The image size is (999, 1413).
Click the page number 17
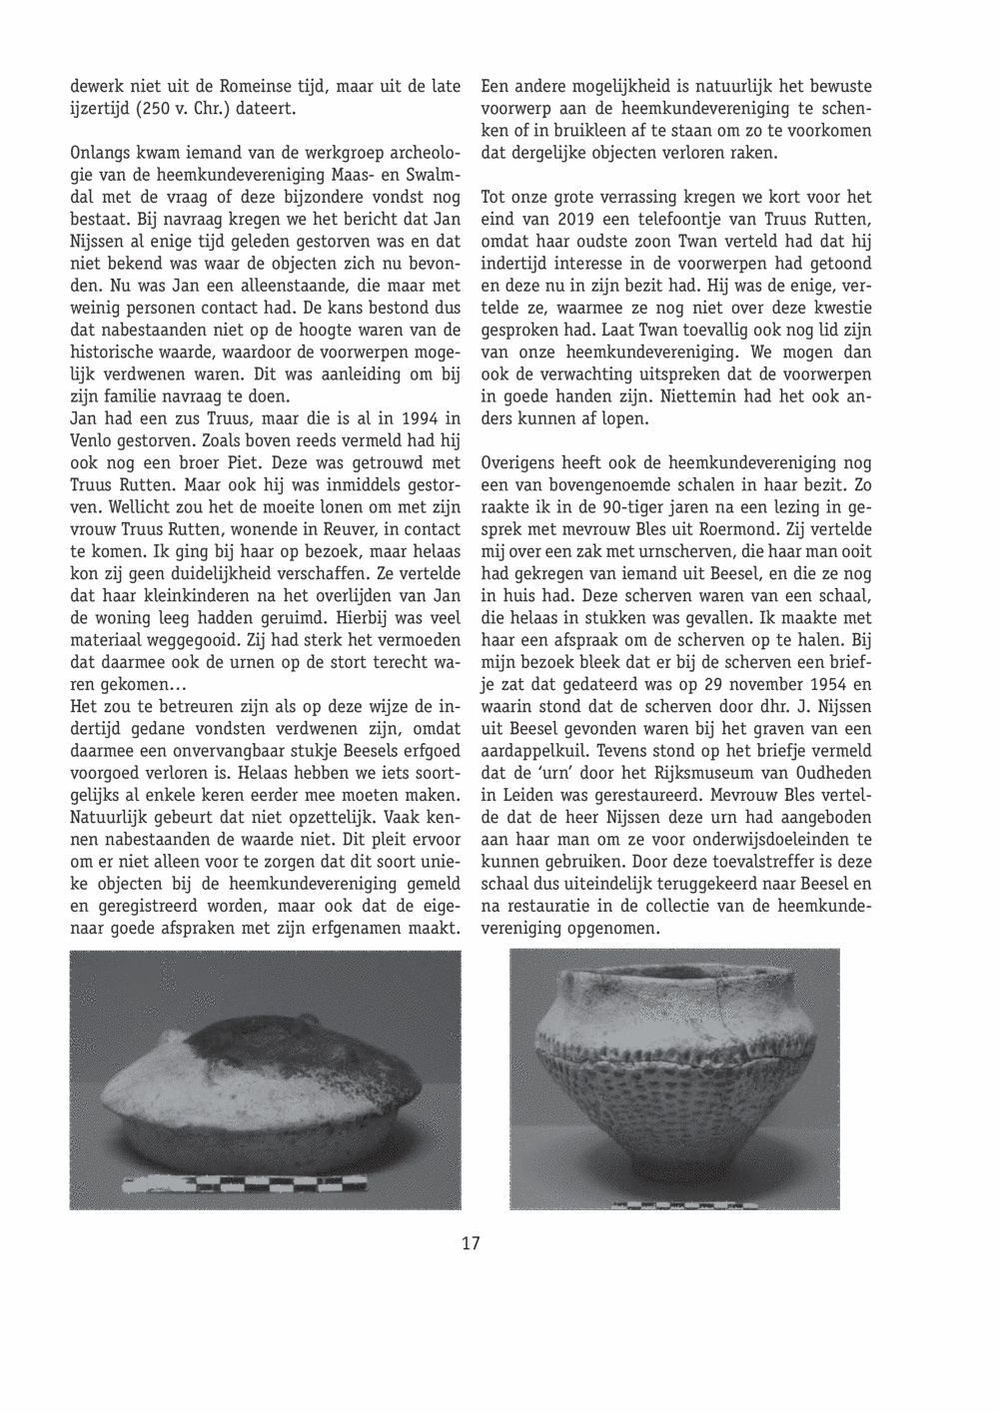point(471,1243)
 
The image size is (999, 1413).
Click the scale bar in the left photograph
point(290,1184)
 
